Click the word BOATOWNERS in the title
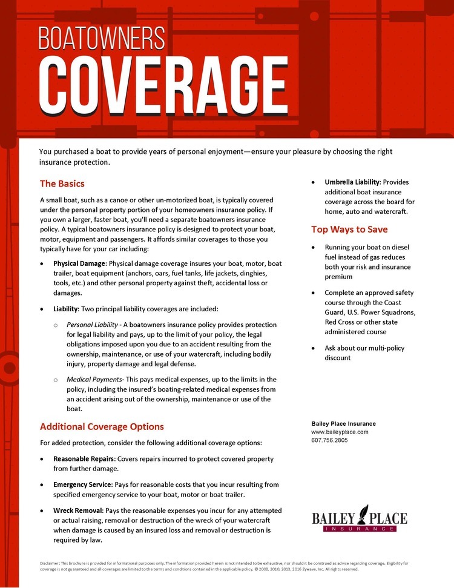tap(101, 38)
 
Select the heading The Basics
tap(62, 183)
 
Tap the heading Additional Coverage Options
tap(102, 426)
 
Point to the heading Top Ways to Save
tap(349, 230)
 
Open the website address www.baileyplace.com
tap(340, 432)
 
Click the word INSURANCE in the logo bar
tap(359, 529)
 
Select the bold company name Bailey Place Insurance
tap(343, 423)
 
